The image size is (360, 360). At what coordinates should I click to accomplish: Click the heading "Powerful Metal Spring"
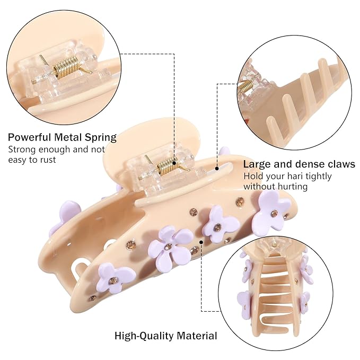(62, 137)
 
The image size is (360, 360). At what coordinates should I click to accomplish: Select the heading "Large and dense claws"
(299, 164)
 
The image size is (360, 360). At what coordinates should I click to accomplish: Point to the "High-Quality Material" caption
(166, 336)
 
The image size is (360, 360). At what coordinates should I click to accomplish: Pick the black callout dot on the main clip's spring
(174, 163)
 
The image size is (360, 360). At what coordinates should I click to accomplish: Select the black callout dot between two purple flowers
(201, 242)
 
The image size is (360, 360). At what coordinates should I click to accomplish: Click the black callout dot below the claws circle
(217, 168)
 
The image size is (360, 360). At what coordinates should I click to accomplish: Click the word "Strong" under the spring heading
(22, 150)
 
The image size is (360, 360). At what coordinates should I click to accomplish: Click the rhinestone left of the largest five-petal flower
(131, 245)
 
